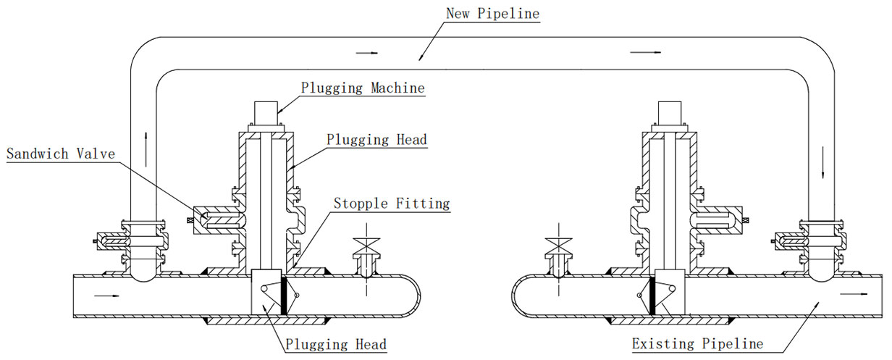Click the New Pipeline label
pyautogui.click(x=492, y=13)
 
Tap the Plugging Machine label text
pyautogui.click(x=363, y=88)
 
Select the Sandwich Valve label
pyautogui.click(x=57, y=154)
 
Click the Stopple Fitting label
pyautogui.click(x=391, y=204)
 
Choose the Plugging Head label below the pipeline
pyautogui.click(x=336, y=344)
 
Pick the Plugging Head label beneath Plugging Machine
pyautogui.click(x=376, y=139)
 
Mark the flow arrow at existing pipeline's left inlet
pyautogui.click(x=104, y=296)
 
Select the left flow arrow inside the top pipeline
pyautogui.click(x=369, y=53)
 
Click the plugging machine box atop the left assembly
pyautogui.click(x=266, y=114)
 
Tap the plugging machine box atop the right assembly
pyautogui.click(x=668, y=114)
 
